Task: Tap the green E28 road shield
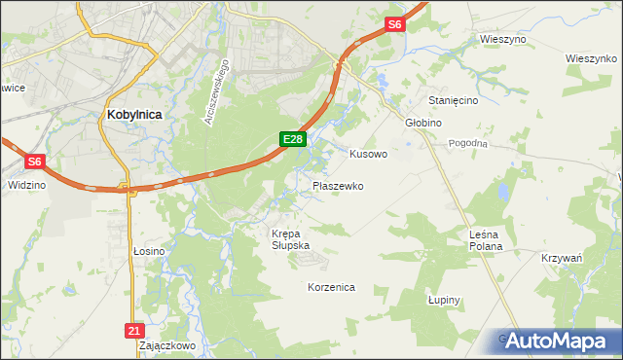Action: (x=295, y=140)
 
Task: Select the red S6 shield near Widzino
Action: (x=34, y=162)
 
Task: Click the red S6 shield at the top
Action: (x=393, y=24)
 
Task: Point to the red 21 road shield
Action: (x=135, y=331)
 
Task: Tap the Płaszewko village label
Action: (x=338, y=185)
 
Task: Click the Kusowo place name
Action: (x=368, y=154)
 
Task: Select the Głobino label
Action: (x=423, y=123)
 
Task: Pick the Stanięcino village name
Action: (x=443, y=99)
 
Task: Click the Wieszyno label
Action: (x=503, y=39)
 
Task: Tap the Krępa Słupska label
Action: (x=290, y=239)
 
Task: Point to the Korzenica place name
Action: (x=331, y=288)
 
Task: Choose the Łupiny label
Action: (x=443, y=300)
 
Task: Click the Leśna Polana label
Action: (x=485, y=240)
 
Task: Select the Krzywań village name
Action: (x=561, y=258)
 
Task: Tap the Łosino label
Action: (x=149, y=251)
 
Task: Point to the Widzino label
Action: (x=26, y=184)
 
